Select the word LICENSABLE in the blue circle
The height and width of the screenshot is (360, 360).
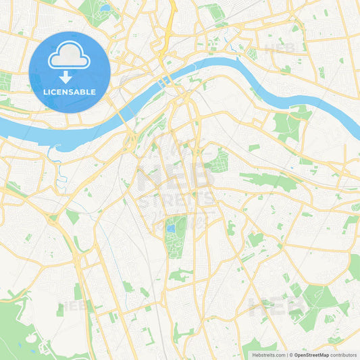pyautogui.click(x=70, y=92)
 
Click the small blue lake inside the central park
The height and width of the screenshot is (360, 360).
pyautogui.click(x=172, y=229)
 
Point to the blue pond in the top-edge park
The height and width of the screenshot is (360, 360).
pyautogui.click(x=105, y=9)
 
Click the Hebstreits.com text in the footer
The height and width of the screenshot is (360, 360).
pyautogui.click(x=269, y=355)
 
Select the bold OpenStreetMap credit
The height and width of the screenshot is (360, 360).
pyautogui.click(x=311, y=355)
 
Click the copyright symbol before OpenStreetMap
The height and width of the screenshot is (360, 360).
pyautogui.click(x=290, y=355)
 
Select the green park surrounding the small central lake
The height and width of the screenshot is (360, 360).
pyautogui.click(x=177, y=240)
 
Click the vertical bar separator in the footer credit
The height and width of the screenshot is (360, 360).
pyautogui.click(x=286, y=355)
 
